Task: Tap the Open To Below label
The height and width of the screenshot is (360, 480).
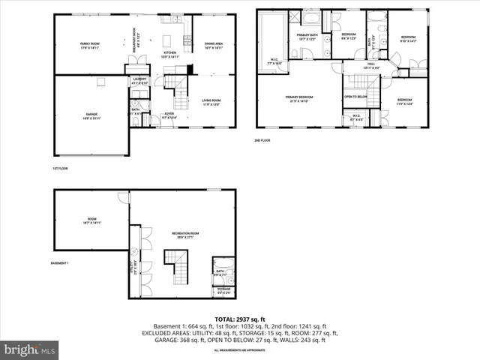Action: (x=355, y=97)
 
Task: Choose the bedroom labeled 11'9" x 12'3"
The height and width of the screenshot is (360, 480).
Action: (x=405, y=101)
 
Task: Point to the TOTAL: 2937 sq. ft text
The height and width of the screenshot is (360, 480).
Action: (x=240, y=319)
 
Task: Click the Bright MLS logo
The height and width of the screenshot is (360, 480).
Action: (x=30, y=349)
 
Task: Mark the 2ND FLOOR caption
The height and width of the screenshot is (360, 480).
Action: (x=263, y=139)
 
